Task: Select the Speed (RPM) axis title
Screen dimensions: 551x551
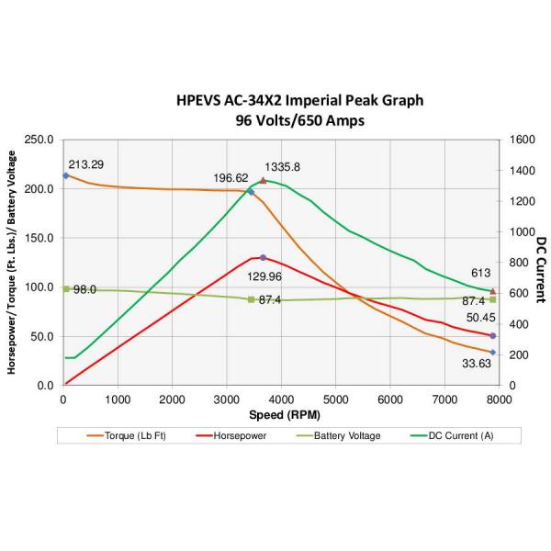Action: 280,414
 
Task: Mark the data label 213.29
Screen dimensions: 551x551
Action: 86,165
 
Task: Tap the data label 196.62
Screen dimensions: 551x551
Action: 230,178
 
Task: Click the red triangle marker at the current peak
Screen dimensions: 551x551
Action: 264,181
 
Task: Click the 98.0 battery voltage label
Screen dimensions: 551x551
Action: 85,289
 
